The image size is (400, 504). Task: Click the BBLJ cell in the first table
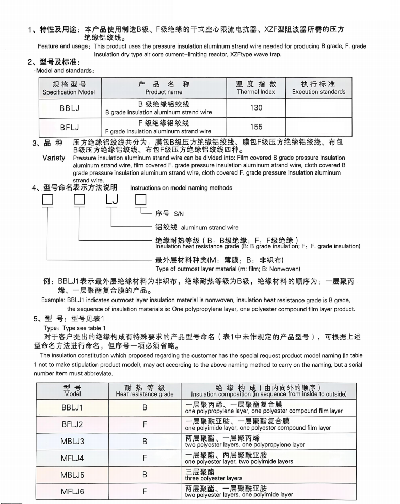click(x=70, y=108)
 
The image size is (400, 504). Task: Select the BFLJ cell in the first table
click(x=70, y=127)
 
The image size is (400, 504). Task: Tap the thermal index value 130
click(x=256, y=108)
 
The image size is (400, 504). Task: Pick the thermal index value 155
click(x=256, y=127)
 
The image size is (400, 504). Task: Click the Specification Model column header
click(x=69, y=88)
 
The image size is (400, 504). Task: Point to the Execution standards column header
click(x=318, y=88)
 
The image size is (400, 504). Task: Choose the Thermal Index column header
click(x=256, y=88)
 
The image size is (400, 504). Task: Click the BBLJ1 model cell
click(x=72, y=407)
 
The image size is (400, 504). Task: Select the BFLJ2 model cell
click(x=72, y=424)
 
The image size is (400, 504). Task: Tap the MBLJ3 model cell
click(x=72, y=442)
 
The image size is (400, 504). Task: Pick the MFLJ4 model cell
click(x=72, y=458)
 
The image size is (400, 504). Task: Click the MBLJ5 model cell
click(x=72, y=475)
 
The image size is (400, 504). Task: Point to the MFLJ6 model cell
click(x=72, y=492)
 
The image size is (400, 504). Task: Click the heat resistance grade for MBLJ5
click(x=145, y=475)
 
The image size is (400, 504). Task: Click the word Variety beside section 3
click(x=54, y=158)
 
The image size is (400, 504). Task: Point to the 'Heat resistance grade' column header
click(x=145, y=391)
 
